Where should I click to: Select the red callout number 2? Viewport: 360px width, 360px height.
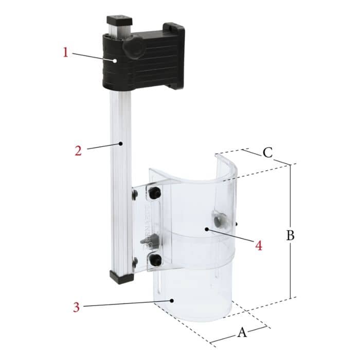tap(77, 151)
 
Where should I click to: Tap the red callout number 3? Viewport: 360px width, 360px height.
tap(76, 308)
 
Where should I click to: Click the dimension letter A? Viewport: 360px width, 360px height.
tap(242, 332)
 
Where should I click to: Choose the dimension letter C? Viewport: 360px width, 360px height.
tap(267, 152)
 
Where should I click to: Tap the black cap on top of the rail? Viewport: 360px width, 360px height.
tap(118, 22)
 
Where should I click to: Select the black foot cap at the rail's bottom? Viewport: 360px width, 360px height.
tap(121, 277)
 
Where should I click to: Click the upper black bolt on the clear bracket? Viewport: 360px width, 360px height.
tap(155, 194)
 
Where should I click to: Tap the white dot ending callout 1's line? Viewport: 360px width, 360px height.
tap(117, 61)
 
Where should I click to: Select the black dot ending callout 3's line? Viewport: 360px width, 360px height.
tap(173, 299)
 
